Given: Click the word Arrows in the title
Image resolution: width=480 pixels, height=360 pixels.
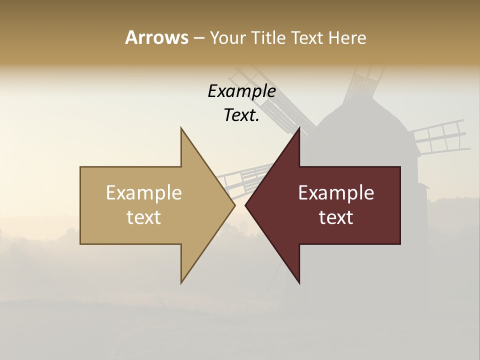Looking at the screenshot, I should [156, 37].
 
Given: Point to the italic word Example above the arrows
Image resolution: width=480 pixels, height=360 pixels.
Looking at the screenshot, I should [241, 91].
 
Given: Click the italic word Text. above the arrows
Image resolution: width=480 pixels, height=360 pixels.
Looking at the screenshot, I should [241, 115].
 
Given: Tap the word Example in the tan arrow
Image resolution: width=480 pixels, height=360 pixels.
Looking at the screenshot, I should [144, 193].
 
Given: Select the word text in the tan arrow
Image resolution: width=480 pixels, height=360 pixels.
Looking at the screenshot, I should [144, 217].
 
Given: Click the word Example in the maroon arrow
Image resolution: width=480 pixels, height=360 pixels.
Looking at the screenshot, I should [336, 193].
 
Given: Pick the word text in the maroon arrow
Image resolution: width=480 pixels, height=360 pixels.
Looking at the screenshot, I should [336, 217].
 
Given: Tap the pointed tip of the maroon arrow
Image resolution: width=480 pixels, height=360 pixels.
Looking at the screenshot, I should [246, 205].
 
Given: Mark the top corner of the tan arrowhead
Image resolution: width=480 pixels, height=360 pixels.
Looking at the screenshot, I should [181, 128].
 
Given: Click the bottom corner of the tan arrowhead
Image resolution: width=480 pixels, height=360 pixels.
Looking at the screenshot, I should [181, 282].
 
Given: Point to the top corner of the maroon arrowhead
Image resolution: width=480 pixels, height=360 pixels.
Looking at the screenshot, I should [299, 128].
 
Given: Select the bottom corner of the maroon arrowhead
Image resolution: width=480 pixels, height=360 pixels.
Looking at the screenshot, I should [299, 282].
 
